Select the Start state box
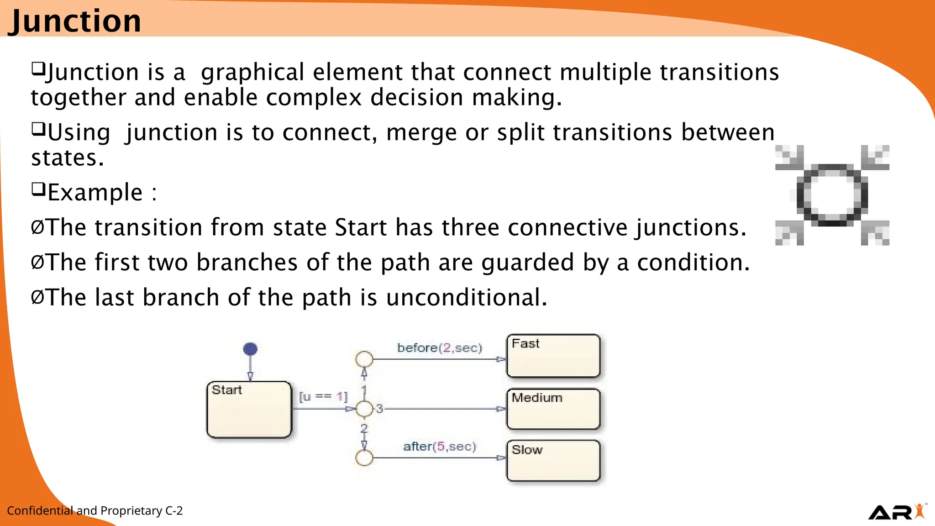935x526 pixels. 249,410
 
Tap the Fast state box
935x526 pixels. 553,356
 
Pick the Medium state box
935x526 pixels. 553,409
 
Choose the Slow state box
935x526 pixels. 553,460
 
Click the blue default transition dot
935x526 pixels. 250,349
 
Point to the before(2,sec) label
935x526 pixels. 440,348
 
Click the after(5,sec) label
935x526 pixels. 439,446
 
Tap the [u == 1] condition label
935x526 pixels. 323,396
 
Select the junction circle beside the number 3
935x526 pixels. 364,409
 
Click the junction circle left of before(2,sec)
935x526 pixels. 364,359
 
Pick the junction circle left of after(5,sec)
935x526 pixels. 364,458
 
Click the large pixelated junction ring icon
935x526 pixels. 832,195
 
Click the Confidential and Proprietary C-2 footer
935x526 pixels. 95,510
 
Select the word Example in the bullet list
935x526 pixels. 95,192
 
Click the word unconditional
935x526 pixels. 467,297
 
